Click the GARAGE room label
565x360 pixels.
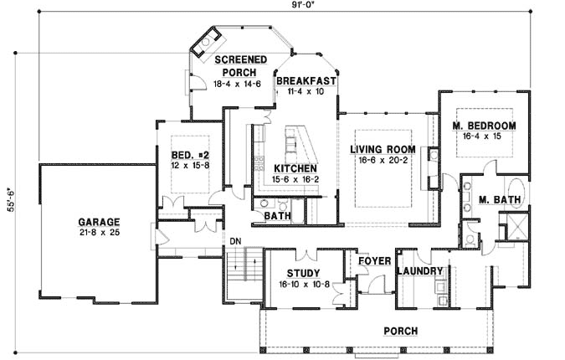[97, 221]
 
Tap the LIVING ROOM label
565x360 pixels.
[383, 150]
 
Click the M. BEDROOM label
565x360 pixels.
[484, 126]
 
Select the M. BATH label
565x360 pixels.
[501, 199]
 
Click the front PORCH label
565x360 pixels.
[400, 331]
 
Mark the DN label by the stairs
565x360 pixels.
[237, 240]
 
